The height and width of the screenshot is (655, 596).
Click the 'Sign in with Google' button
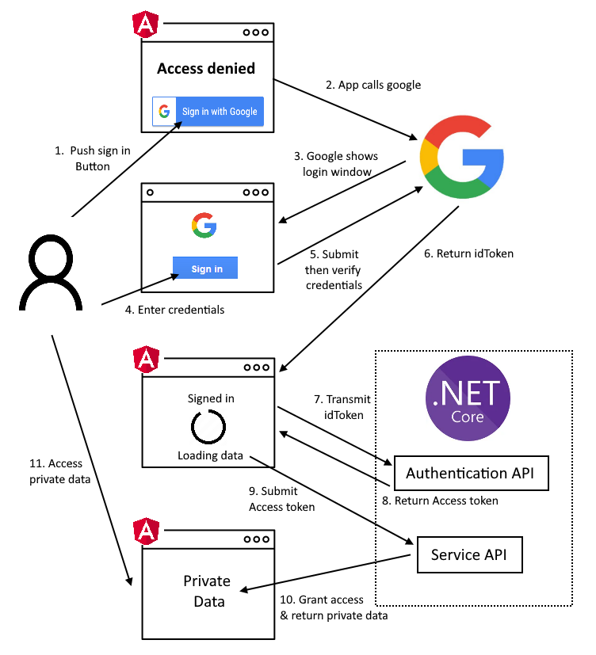(208, 112)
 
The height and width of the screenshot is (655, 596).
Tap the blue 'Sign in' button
(206, 268)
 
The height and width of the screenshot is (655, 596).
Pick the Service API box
(469, 554)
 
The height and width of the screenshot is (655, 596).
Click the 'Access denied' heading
(206, 69)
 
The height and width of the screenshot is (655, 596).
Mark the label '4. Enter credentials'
(174, 310)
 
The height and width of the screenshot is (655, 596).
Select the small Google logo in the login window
(204, 226)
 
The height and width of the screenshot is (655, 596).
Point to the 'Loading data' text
(210, 455)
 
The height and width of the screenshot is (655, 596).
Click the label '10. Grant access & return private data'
(333, 607)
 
